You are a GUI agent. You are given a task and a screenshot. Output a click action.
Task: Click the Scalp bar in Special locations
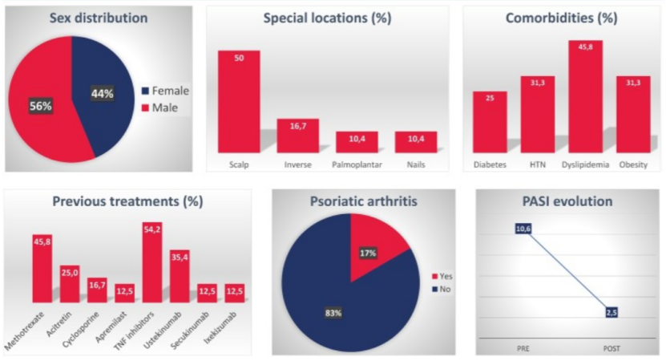(x=239, y=101)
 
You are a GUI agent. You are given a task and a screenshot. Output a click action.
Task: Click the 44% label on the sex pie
(x=103, y=93)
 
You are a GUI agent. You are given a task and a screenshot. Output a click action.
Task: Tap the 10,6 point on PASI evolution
(x=523, y=229)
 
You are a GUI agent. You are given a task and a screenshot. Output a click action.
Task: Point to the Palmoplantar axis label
(x=357, y=165)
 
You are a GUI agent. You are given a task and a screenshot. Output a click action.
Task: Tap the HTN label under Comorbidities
(x=538, y=165)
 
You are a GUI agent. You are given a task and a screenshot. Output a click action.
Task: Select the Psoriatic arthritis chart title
(x=362, y=201)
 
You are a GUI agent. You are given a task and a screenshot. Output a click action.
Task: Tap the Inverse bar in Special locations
(x=298, y=136)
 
